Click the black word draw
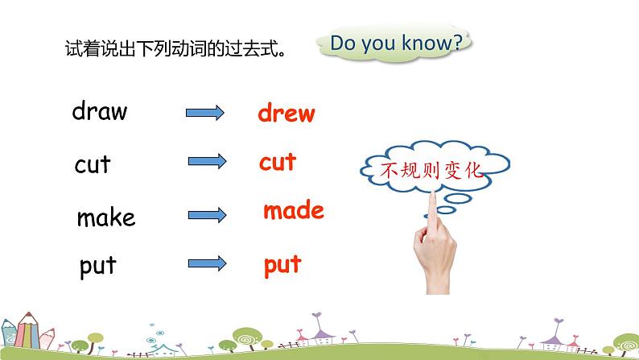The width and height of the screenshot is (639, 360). click(x=100, y=111)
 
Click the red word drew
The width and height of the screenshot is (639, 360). click(x=287, y=114)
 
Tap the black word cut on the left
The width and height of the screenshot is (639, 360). click(x=93, y=165)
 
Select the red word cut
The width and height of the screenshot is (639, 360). click(x=278, y=163)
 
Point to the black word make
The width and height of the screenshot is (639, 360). click(x=106, y=217)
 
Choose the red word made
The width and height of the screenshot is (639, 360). click(x=293, y=212)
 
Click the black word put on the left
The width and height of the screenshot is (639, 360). click(x=98, y=267)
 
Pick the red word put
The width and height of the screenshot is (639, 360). click(x=282, y=264)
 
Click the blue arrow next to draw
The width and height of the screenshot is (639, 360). click(x=205, y=114)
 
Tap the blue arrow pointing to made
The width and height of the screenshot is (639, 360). click(x=205, y=215)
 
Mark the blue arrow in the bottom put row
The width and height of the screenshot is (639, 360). click(x=205, y=264)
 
